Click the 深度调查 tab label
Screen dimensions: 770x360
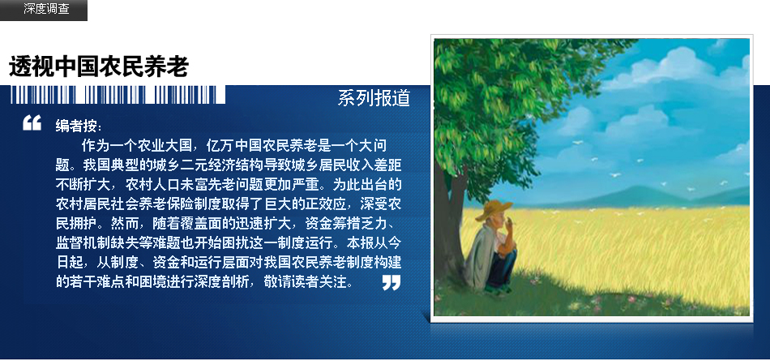(47, 9)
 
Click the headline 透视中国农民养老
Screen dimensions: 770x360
(99, 66)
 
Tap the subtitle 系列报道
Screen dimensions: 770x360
(374, 98)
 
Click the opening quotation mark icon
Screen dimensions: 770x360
(32, 122)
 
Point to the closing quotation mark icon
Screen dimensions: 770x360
(391, 282)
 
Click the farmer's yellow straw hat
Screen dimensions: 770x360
(494, 210)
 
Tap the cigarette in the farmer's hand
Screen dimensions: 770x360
(513, 225)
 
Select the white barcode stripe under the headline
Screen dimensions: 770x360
(118, 94)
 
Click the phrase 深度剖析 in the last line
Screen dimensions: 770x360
(226, 282)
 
